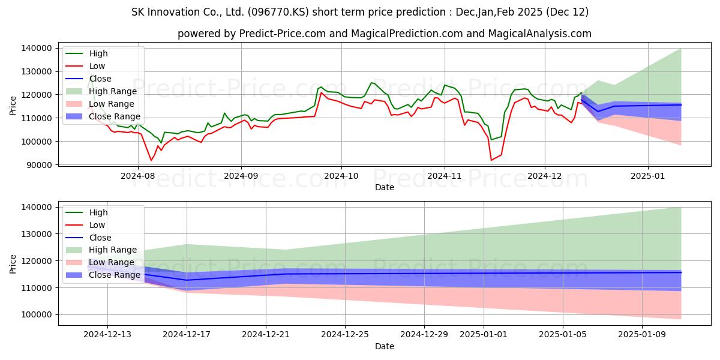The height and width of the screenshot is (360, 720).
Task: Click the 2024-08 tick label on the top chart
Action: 137,176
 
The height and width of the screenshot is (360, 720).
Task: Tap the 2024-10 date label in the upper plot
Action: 341,176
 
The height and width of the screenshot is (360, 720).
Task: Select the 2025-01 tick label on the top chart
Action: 647,176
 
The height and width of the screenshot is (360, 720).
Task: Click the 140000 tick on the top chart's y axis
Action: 37,48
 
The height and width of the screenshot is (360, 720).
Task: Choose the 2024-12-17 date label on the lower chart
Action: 187,335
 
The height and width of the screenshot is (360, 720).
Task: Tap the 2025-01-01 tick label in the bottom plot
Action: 484,335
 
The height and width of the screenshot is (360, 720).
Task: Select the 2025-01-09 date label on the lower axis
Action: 642,335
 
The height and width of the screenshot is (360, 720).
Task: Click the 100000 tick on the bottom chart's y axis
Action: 37,314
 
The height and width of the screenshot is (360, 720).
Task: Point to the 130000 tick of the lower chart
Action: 37,234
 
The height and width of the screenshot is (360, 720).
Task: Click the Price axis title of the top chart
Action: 13,106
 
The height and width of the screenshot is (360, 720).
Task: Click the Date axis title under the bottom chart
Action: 385,346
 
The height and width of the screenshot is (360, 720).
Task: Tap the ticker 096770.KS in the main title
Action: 278,12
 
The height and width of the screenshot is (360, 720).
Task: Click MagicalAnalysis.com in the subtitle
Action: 539,34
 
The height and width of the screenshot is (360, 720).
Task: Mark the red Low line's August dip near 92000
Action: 151,160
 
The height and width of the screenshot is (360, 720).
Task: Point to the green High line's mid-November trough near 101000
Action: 491,139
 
